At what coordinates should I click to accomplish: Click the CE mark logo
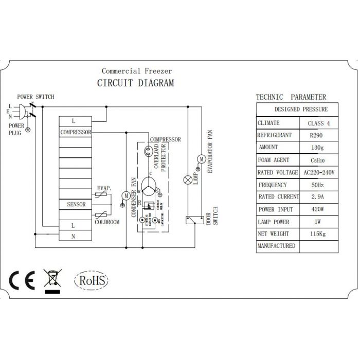[x=22, y=280]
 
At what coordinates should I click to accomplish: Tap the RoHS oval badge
[x=92, y=281]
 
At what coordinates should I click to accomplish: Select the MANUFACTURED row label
[x=277, y=246]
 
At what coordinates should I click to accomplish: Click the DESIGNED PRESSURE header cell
[x=300, y=110]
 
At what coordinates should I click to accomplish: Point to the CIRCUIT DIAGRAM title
[x=136, y=83]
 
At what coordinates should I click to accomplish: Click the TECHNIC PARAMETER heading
[x=291, y=97]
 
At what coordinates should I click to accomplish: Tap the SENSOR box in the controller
[x=76, y=204]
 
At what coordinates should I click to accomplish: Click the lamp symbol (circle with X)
[x=188, y=179]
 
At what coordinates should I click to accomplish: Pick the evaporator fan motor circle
[x=202, y=158]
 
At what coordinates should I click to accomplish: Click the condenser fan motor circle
[x=126, y=195]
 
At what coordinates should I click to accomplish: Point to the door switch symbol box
[x=191, y=220]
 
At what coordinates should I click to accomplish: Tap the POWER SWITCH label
[x=35, y=97]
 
